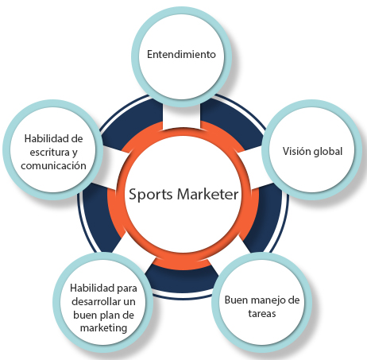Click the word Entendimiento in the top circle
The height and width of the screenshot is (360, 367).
coord(181,54)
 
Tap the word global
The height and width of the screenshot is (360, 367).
coord(328,152)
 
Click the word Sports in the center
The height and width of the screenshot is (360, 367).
coord(151,195)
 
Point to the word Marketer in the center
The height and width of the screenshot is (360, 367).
coord(207,194)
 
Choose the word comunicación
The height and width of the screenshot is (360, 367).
coord(53,166)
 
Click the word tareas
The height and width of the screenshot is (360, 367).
coord(262,314)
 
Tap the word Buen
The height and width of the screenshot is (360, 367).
coord(237,300)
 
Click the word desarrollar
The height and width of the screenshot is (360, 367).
coord(95,301)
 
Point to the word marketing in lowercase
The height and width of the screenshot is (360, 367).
coord(103,328)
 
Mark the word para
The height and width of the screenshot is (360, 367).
coord(127,288)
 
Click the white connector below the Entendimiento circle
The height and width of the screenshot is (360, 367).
coord(181,117)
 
